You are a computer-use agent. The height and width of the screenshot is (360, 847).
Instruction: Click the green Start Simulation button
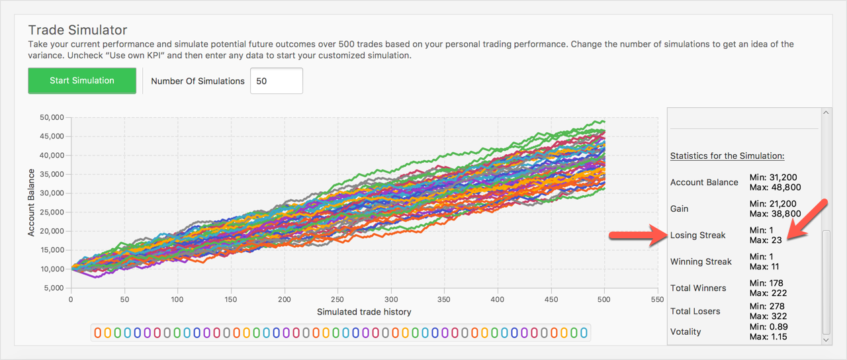(x=82, y=81)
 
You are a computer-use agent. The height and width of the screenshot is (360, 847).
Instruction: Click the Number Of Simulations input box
(x=276, y=81)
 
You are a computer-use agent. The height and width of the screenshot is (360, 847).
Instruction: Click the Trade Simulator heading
(x=77, y=30)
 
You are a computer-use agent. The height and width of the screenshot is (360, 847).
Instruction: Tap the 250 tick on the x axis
(x=338, y=299)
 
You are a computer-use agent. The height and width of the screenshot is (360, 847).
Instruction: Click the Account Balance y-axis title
(x=31, y=202)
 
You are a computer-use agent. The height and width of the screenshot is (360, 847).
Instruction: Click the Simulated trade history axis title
(x=364, y=312)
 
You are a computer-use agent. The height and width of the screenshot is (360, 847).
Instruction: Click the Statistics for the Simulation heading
(x=727, y=156)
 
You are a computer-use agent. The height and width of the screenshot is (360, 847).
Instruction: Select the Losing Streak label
(x=697, y=235)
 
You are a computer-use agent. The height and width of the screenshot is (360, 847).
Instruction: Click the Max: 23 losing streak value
(x=766, y=240)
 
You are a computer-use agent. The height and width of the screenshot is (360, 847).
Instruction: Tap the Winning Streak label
(x=701, y=261)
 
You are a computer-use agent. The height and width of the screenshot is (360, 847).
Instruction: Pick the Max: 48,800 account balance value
(x=775, y=187)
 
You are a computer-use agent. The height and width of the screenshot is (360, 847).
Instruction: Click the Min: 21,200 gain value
(x=773, y=204)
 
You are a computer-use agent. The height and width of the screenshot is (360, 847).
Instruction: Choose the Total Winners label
(x=698, y=288)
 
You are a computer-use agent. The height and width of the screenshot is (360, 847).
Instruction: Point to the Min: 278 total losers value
(x=767, y=306)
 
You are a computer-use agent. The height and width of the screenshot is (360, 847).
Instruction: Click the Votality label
(x=686, y=331)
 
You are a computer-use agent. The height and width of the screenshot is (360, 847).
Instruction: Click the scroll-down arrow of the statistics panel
(x=825, y=339)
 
